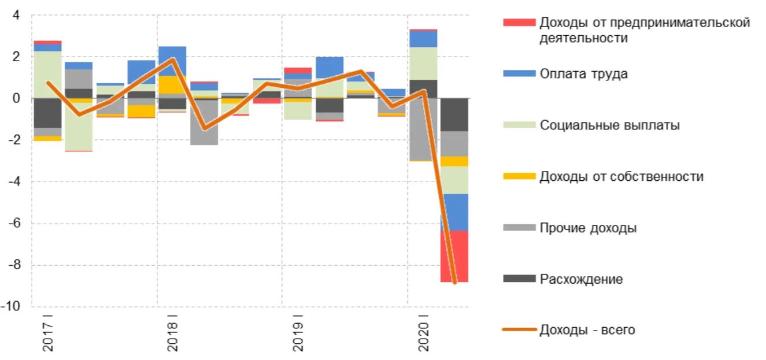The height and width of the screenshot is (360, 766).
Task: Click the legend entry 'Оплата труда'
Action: point(583,74)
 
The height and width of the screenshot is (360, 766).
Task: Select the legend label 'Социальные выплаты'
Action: point(609,125)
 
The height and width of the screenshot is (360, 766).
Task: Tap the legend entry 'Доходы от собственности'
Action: point(621,176)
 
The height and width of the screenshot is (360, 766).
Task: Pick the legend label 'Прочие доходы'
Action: point(588,228)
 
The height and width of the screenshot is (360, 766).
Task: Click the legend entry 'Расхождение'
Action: point(581,279)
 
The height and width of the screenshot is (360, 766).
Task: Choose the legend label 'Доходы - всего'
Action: point(587,330)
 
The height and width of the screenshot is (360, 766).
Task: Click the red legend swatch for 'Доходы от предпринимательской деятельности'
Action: point(519,23)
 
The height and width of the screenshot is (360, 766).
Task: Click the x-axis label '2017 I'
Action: point(47,333)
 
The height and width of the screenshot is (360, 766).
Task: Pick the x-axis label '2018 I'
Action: point(172,333)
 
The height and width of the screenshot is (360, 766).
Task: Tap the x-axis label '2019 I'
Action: point(297,333)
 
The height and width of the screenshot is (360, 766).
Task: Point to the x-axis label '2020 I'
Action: point(423,333)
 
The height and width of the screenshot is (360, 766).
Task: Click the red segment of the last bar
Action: point(454,256)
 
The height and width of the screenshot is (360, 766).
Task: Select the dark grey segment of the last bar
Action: point(454,114)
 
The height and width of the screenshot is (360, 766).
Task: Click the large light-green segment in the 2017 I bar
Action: point(47,74)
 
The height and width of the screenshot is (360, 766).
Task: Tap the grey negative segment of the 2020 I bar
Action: point(423,129)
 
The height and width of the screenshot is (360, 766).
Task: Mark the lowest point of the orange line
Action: point(455,283)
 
